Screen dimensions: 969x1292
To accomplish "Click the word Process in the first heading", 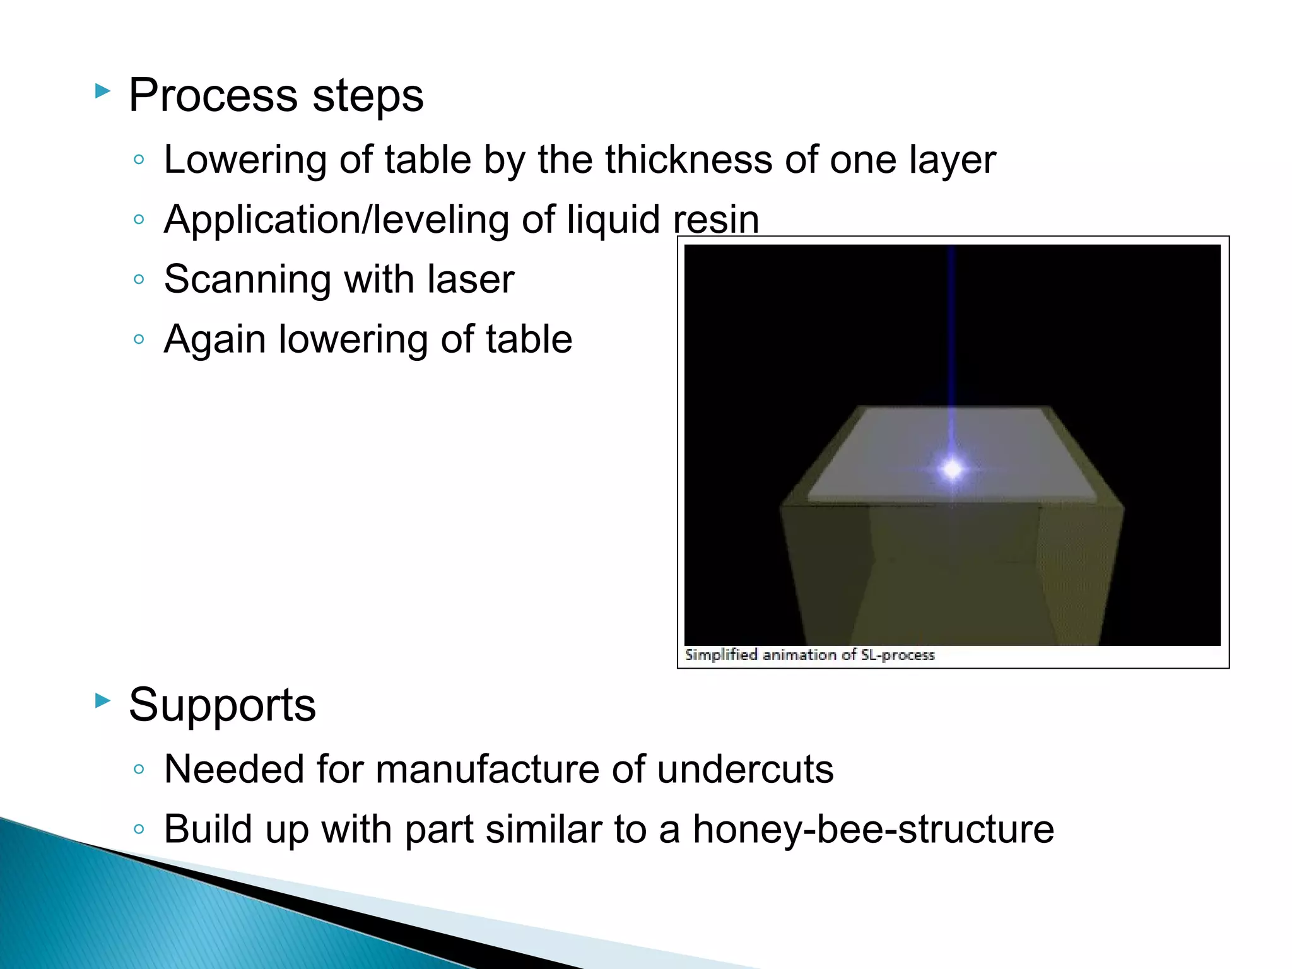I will pos(213,96).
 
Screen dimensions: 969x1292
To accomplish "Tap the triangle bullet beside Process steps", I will pos(103,91).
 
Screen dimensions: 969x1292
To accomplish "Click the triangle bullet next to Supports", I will pos(103,700).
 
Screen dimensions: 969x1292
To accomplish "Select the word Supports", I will pos(222,705).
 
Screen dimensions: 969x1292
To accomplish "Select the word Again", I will pos(214,341).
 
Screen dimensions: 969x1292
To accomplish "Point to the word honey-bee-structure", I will pos(873,829).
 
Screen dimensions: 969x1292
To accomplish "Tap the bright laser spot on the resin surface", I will pos(952,469).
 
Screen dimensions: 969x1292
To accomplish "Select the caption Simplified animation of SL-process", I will pos(809,655).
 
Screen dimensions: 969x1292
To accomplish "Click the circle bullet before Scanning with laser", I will pos(139,279).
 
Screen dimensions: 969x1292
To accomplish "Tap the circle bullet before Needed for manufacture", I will pos(139,769).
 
